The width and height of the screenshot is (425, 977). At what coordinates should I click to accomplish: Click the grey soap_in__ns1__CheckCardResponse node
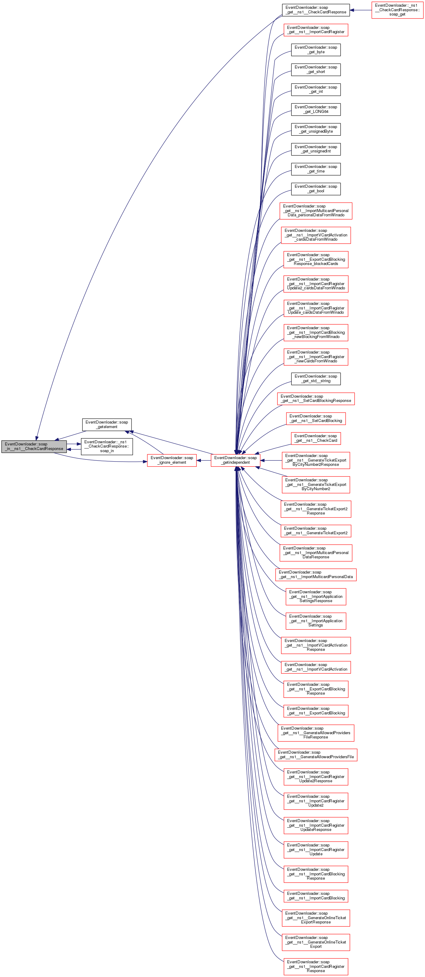[34, 446]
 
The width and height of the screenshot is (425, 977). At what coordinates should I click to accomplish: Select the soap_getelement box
[107, 424]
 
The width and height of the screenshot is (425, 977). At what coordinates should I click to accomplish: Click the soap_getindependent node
[235, 460]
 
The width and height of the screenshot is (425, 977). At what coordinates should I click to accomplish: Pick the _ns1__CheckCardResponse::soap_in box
[107, 446]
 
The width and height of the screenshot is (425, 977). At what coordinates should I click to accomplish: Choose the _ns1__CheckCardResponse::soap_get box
[397, 10]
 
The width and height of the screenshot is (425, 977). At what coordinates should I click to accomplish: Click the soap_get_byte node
[316, 50]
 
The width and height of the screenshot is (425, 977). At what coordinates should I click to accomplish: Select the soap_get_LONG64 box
[316, 109]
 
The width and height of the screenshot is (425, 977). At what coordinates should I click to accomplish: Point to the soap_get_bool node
[316, 189]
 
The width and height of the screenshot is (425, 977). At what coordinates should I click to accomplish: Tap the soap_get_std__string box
[316, 379]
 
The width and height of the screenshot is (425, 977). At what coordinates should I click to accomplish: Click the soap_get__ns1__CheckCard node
[316, 438]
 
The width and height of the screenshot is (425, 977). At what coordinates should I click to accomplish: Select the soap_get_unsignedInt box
[316, 149]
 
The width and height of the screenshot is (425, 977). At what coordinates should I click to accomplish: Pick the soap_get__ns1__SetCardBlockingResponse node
[316, 399]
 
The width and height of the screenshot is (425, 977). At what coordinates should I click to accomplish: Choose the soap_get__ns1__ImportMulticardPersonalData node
[316, 574]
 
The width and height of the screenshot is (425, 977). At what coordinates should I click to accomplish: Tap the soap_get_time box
[316, 169]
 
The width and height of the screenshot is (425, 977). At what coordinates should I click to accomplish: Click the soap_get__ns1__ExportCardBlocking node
[316, 711]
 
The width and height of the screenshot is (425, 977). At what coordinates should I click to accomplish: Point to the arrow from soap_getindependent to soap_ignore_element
[204, 460]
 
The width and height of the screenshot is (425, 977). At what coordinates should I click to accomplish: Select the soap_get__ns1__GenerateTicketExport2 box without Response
[316, 531]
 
